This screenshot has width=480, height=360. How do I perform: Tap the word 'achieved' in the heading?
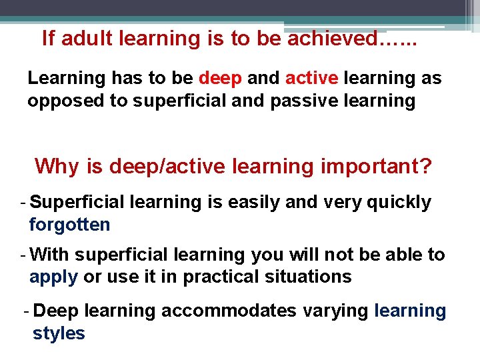pos(333,39)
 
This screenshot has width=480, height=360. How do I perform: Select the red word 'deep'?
pos(220,78)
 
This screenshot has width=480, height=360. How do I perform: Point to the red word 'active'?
pos(312,78)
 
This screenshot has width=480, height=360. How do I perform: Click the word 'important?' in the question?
pos(376,165)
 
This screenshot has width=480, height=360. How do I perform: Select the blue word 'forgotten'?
pos(70,225)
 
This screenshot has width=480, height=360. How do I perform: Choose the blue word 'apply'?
pos(53,277)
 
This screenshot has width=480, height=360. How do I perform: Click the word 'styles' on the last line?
pos(59,333)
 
